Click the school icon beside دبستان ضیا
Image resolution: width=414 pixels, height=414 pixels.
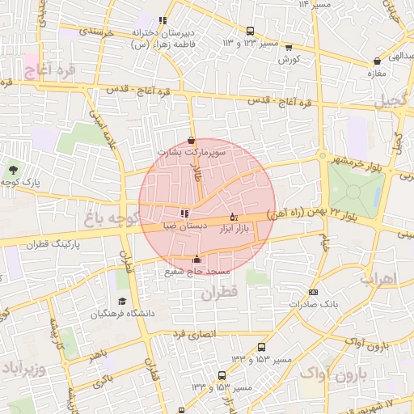click(x=184, y=213)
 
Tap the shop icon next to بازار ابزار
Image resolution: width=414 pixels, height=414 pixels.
click(x=234, y=217)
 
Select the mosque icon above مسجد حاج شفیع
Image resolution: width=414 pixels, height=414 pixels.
click(x=197, y=260)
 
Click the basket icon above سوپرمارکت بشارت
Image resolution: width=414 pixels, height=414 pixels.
click(x=191, y=139)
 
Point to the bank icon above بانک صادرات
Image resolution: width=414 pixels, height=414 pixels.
click(x=314, y=292)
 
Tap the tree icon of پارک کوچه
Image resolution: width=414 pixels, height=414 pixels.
click(x=13, y=170)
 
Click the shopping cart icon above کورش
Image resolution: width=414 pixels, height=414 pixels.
click(x=289, y=47)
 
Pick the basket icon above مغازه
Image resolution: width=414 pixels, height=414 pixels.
click(x=377, y=61)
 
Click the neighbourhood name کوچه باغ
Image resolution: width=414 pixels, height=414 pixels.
click(x=112, y=218)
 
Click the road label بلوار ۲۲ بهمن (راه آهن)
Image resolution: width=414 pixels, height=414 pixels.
click(x=356, y=213)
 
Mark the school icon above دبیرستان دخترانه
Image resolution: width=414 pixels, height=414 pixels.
click(x=163, y=20)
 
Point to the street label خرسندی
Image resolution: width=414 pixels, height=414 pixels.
click(x=98, y=32)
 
